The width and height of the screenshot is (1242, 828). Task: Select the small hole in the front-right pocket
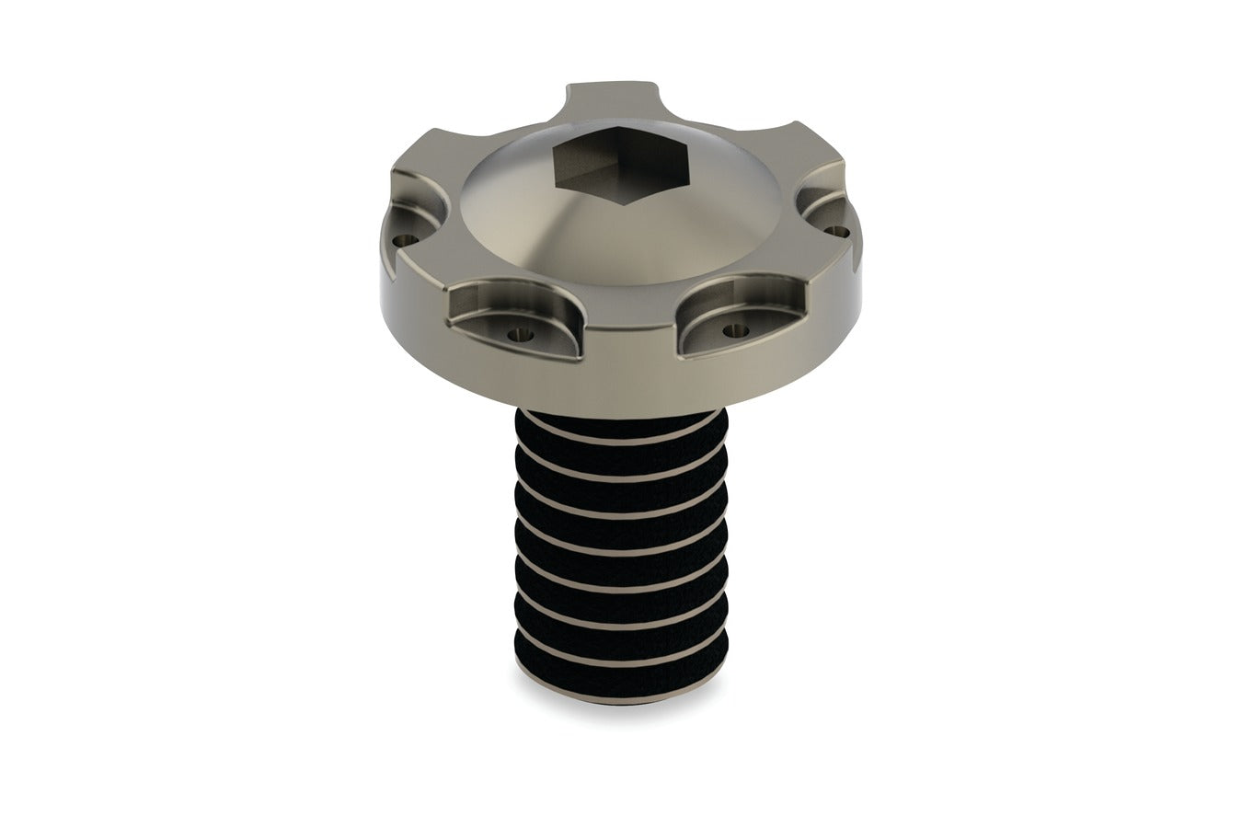tap(733, 328)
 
